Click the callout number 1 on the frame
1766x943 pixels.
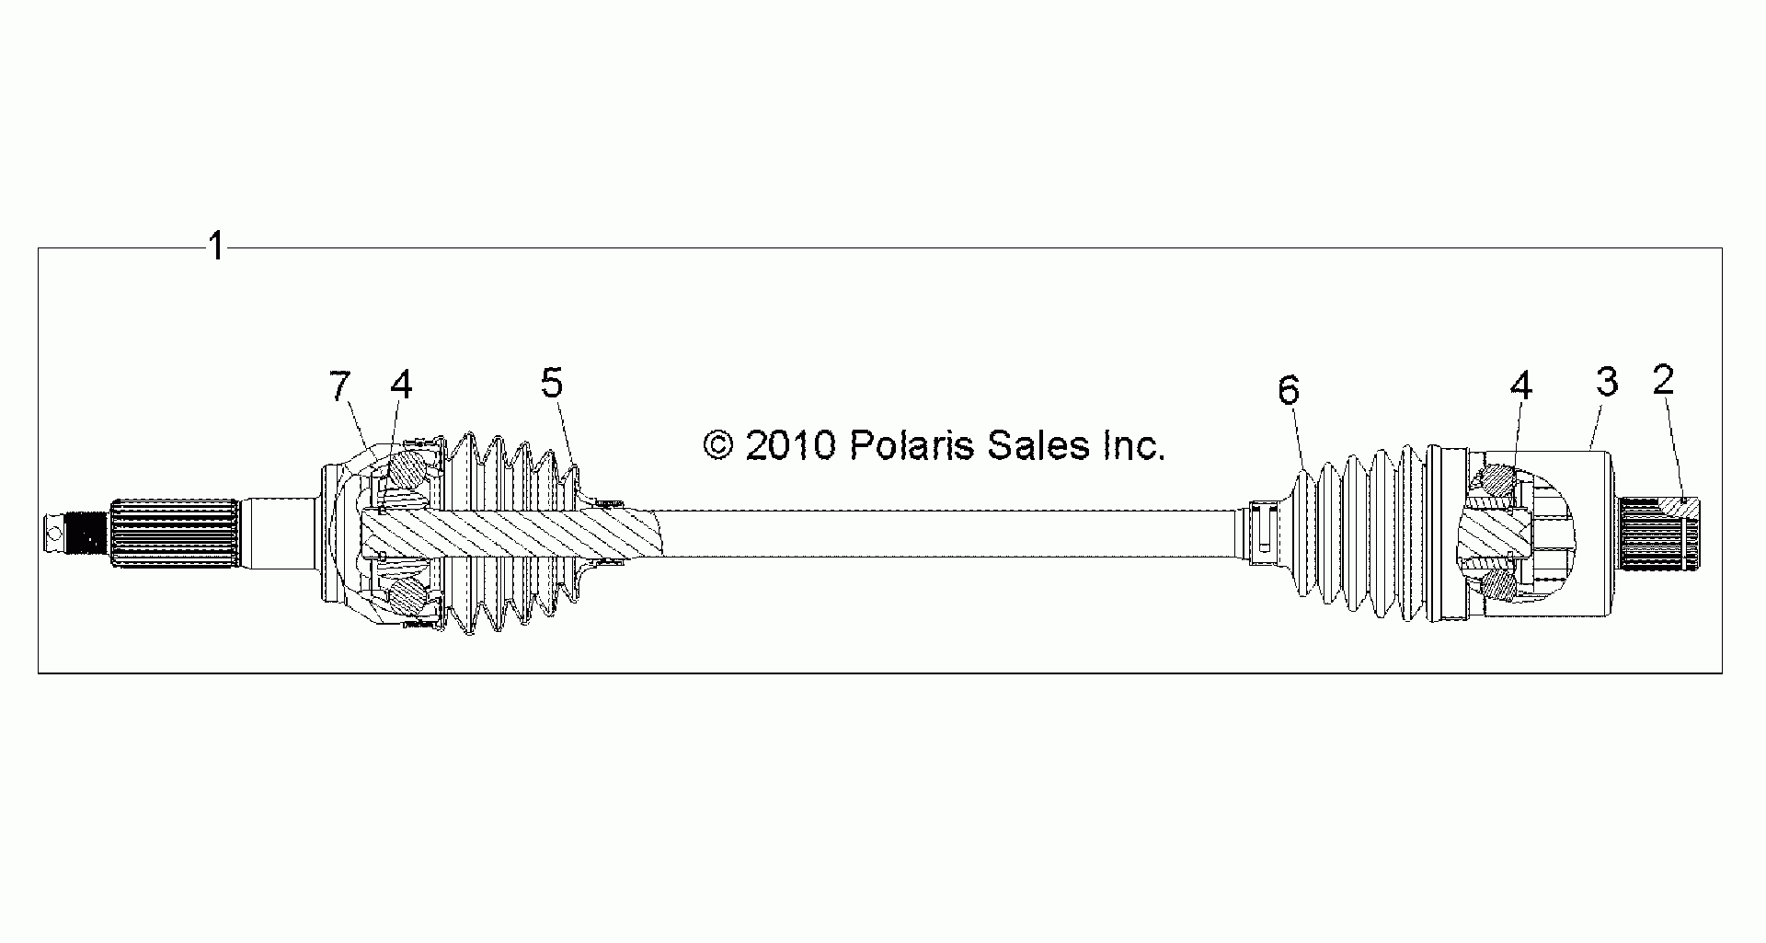(x=216, y=247)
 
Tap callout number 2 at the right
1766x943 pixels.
(x=1663, y=380)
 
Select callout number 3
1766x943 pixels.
(x=1607, y=381)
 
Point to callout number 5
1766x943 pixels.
(x=551, y=383)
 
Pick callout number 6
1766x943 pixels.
(x=1289, y=391)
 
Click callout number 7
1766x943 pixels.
(x=340, y=386)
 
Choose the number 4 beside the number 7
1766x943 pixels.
(x=401, y=385)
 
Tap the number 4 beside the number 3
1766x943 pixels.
(x=1521, y=385)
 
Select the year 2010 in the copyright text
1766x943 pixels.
(x=791, y=446)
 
